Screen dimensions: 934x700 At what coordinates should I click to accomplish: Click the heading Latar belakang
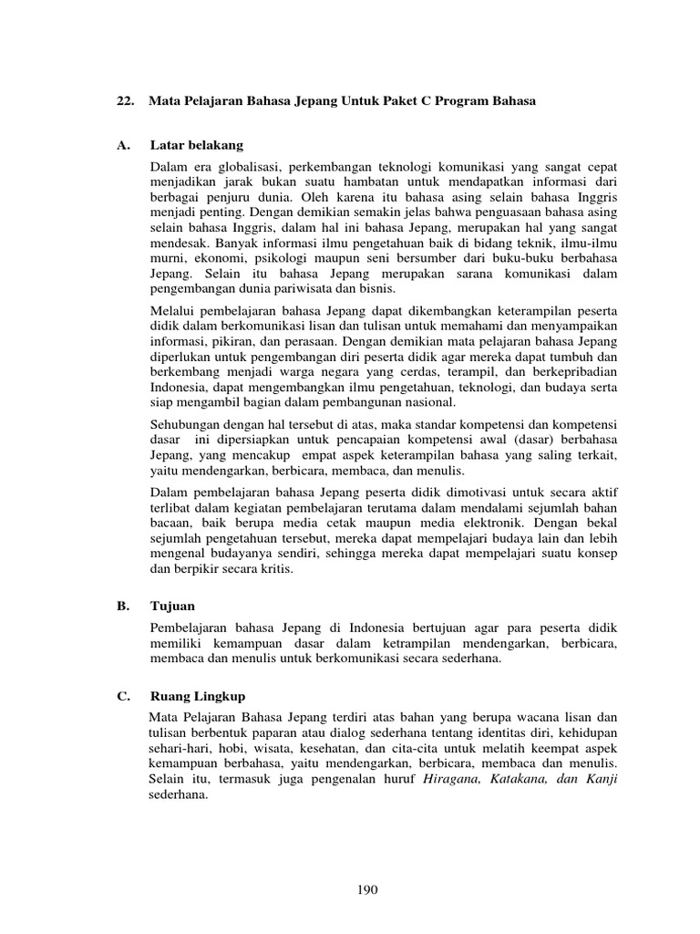(200, 146)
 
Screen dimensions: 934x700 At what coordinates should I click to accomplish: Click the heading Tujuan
(175, 606)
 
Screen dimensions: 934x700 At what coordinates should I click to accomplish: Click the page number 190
(368, 891)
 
